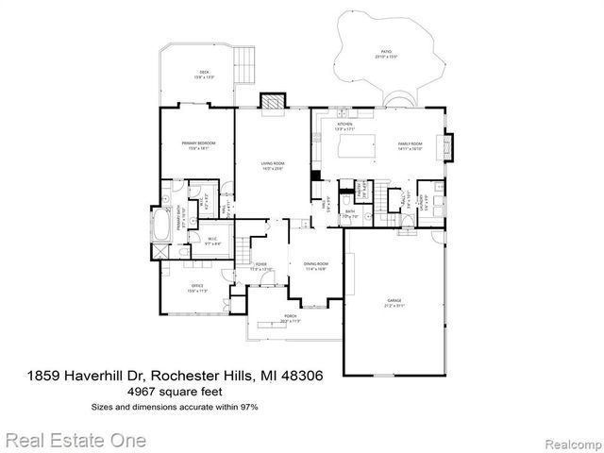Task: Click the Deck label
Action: pyautogui.click(x=203, y=75)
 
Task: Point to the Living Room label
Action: pyautogui.click(x=273, y=166)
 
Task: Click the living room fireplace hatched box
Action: pyautogui.click(x=273, y=101)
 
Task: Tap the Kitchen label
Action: pyautogui.click(x=344, y=126)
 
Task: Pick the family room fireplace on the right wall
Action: pyautogui.click(x=449, y=145)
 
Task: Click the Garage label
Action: pyautogui.click(x=393, y=303)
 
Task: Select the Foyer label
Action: pyautogui.click(x=260, y=268)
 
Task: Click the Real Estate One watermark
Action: pyautogui.click(x=75, y=439)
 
